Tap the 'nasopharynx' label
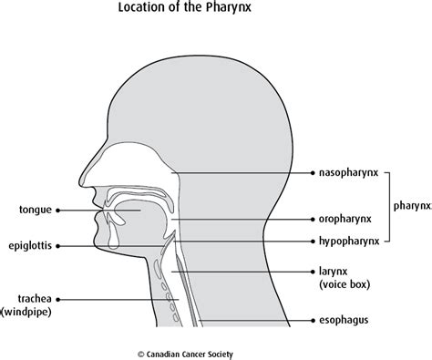click(350, 171)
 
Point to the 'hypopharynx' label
click(349, 242)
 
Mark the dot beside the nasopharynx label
click(313, 171)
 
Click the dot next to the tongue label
click(59, 209)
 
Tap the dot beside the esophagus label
click(313, 320)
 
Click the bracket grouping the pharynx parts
click(386, 207)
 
